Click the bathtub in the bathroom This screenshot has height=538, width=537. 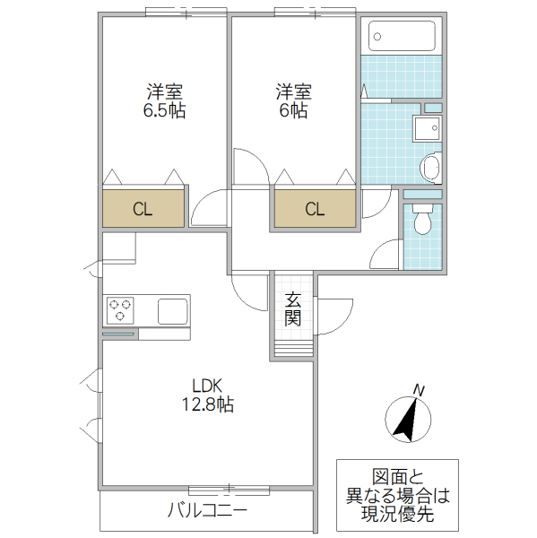pyautogui.click(x=403, y=37)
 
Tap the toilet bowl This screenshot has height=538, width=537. pyautogui.click(x=422, y=220)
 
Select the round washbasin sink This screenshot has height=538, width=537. pyautogui.click(x=431, y=168)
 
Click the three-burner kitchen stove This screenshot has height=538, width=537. pyautogui.click(x=120, y=311)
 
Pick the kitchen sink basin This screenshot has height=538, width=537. pyautogui.click(x=172, y=311)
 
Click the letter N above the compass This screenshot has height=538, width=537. pyautogui.click(x=418, y=389)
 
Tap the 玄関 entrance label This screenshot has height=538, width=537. pyautogui.click(x=293, y=309)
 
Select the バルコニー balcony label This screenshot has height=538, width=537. pyautogui.click(x=207, y=512)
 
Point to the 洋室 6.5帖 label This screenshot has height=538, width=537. pyautogui.click(x=165, y=101)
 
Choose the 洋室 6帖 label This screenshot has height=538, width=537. pyautogui.click(x=293, y=101)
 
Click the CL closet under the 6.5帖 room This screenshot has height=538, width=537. pyautogui.click(x=143, y=210)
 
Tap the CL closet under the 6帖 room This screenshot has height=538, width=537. pyautogui.click(x=314, y=210)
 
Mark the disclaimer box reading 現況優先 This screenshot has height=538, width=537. pyautogui.click(x=396, y=495)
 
